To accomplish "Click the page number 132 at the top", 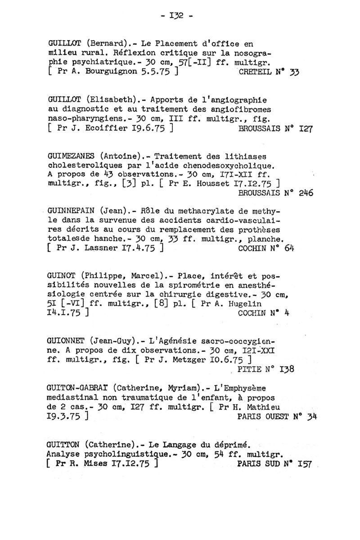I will tap(179, 18).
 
